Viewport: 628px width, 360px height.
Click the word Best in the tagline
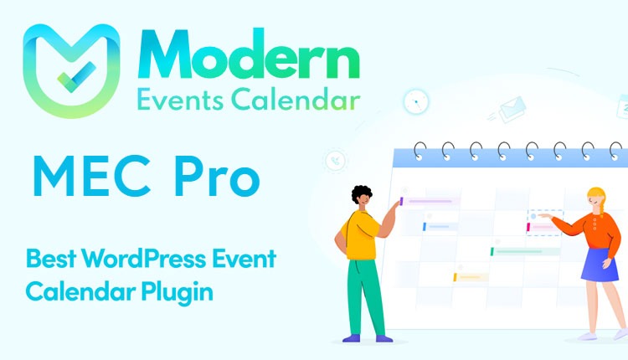46,259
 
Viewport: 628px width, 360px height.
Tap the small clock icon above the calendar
414,102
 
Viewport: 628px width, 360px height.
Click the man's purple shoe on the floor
351,338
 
